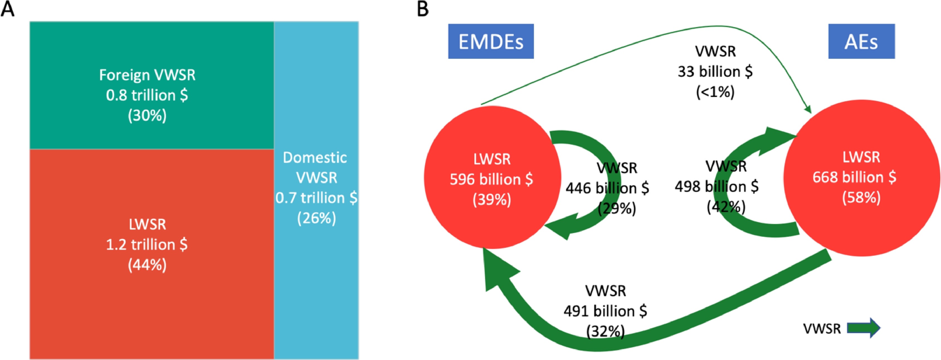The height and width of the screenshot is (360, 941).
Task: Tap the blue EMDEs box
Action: pyautogui.click(x=491, y=41)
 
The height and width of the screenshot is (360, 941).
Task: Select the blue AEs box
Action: pyautogui.click(x=861, y=41)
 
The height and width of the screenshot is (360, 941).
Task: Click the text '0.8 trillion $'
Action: pyautogui.click(x=147, y=95)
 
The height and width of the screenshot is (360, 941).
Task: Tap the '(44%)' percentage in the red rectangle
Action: pyautogui.click(x=147, y=265)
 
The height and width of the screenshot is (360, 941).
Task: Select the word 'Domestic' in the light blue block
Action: pyautogui.click(x=315, y=157)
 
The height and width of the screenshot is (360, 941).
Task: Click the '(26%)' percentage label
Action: pyautogui.click(x=316, y=218)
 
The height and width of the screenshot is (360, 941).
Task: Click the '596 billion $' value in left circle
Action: pyautogui.click(x=491, y=179)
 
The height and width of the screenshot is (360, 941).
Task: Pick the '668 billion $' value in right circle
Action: pyautogui.click(x=854, y=177)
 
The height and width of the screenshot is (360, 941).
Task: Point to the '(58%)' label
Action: pyautogui.click(x=861, y=198)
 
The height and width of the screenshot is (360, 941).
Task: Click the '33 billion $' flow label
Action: pyautogui.click(x=715, y=72)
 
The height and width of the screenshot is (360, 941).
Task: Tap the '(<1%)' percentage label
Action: pyautogui.click(x=715, y=92)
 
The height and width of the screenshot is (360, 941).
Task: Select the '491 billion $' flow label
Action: pyautogui.click(x=605, y=311)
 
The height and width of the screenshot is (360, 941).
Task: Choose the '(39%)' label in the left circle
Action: pyautogui.click(x=492, y=200)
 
